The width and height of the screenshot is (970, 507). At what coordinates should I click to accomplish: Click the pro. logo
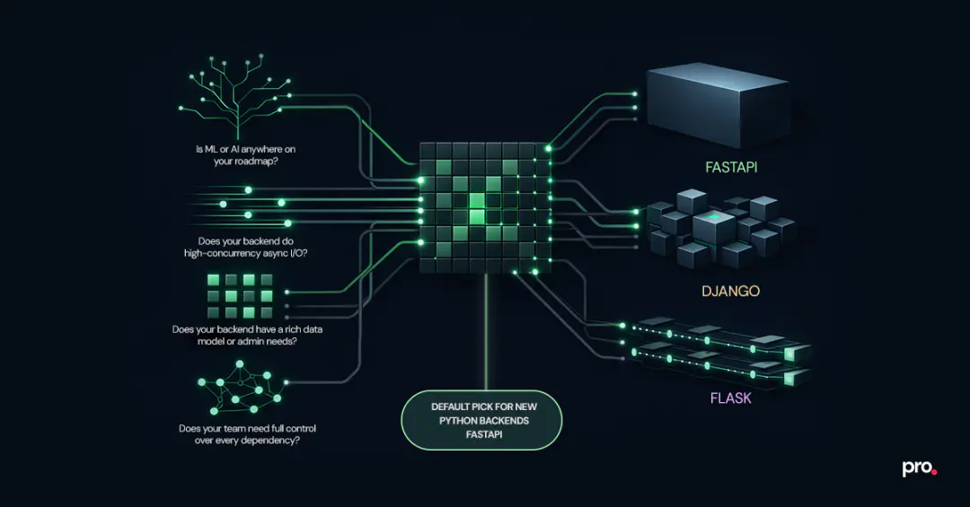(x=919, y=468)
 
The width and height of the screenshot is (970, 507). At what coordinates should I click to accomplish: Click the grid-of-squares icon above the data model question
(x=240, y=296)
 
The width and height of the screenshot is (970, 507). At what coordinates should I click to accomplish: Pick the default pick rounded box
(x=481, y=419)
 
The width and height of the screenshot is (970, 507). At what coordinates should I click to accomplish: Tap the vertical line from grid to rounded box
(x=485, y=331)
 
